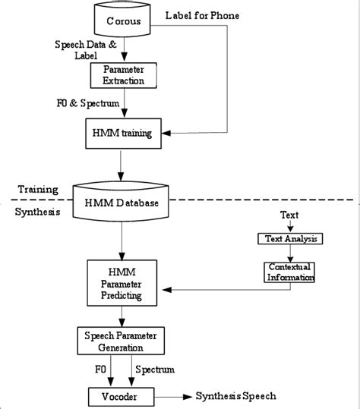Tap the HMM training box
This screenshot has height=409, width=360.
(x=122, y=134)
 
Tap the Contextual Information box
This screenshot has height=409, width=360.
(x=289, y=272)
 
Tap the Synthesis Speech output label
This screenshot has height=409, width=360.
(x=235, y=395)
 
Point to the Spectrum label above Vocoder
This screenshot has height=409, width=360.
(x=154, y=370)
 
